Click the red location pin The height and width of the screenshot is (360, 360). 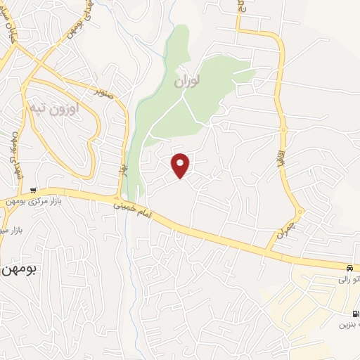click(181, 165)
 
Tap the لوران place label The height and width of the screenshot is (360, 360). click(188, 82)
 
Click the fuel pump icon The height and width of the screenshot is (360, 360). click(355, 313)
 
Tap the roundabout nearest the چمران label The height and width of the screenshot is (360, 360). click(300, 212)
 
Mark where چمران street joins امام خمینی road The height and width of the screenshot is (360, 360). click(270, 250)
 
